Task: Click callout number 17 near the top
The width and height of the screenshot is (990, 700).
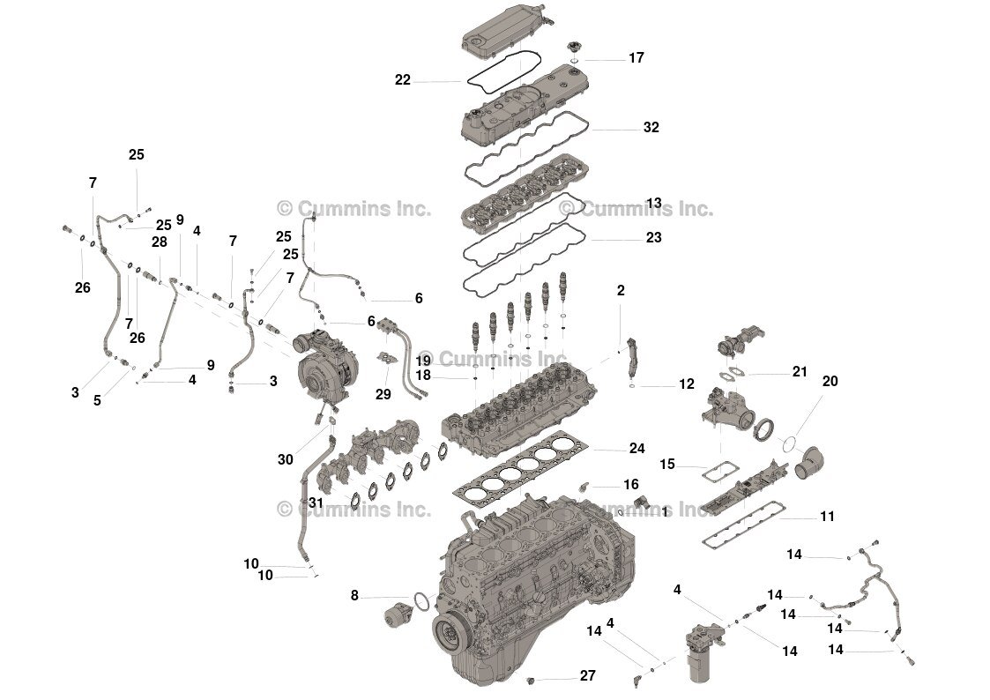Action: (636, 58)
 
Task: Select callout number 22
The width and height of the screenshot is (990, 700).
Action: (403, 80)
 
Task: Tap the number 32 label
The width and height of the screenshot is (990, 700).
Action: (651, 127)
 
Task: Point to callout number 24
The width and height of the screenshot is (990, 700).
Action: (636, 449)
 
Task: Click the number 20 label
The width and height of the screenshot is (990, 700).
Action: (830, 381)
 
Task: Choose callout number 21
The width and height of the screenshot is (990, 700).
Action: (799, 372)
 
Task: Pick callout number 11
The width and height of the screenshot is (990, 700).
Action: (826, 517)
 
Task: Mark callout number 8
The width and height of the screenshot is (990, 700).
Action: (354, 596)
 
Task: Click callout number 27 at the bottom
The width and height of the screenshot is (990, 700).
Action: (587, 676)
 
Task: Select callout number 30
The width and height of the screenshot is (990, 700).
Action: (285, 459)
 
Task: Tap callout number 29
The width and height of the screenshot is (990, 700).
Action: (383, 394)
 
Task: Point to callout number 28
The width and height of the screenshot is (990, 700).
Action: (159, 242)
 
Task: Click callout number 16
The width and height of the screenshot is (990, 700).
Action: (630, 485)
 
